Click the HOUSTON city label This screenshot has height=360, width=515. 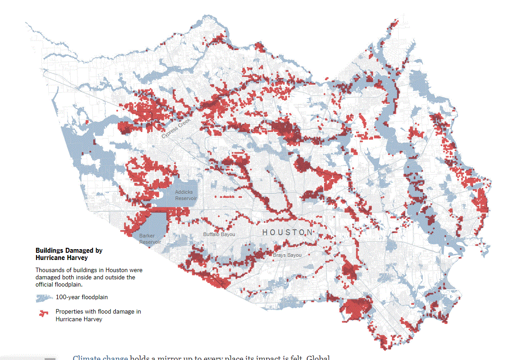(287, 232)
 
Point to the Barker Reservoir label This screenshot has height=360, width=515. (150, 239)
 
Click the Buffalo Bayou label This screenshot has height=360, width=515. (219, 234)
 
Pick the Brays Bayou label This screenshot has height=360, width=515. (287, 255)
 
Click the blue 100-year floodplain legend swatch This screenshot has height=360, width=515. (44, 298)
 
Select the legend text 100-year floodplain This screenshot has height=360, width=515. (82, 297)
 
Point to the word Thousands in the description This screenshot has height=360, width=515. (49, 270)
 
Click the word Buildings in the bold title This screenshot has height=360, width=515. (49, 251)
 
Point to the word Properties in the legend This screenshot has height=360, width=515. (68, 312)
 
